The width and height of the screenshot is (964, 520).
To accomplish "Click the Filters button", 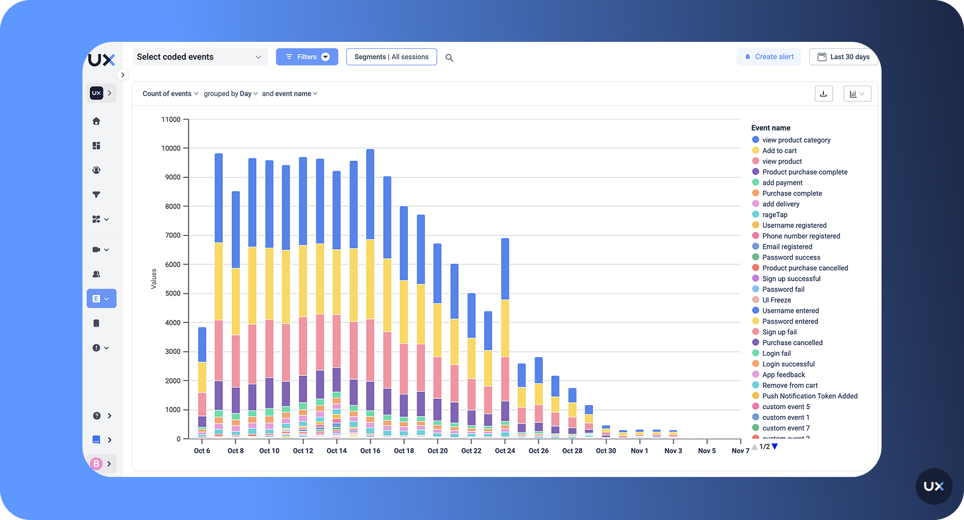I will click(307, 57).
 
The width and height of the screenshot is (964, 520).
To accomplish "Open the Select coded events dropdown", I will click(199, 57).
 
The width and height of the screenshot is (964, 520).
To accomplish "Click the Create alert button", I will click(769, 57).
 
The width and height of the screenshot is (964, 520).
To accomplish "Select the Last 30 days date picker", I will click(843, 57).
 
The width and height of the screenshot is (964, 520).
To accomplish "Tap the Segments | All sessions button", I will click(391, 57).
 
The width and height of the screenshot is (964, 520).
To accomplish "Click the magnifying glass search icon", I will click(450, 58).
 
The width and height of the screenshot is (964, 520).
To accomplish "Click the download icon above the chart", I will click(823, 94).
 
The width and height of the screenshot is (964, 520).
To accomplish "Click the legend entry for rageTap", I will click(774, 215).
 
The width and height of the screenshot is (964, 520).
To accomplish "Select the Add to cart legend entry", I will click(779, 151).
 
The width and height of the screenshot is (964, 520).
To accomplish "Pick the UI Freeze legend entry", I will click(776, 301).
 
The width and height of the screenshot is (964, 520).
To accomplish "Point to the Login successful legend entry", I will click(788, 365).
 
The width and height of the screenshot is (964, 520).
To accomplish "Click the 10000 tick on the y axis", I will click(171, 148).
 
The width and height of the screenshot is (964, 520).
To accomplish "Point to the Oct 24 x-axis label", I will click(505, 451).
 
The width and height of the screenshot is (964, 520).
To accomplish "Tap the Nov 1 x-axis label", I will click(639, 451).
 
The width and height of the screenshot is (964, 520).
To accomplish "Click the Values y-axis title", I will click(153, 279).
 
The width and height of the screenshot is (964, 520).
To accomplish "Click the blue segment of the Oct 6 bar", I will click(202, 344).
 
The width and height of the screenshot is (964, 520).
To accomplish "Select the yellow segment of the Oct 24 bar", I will click(505, 328).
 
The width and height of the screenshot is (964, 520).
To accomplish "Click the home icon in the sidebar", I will click(96, 121).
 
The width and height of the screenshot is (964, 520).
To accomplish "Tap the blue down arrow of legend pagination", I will click(775, 447).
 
